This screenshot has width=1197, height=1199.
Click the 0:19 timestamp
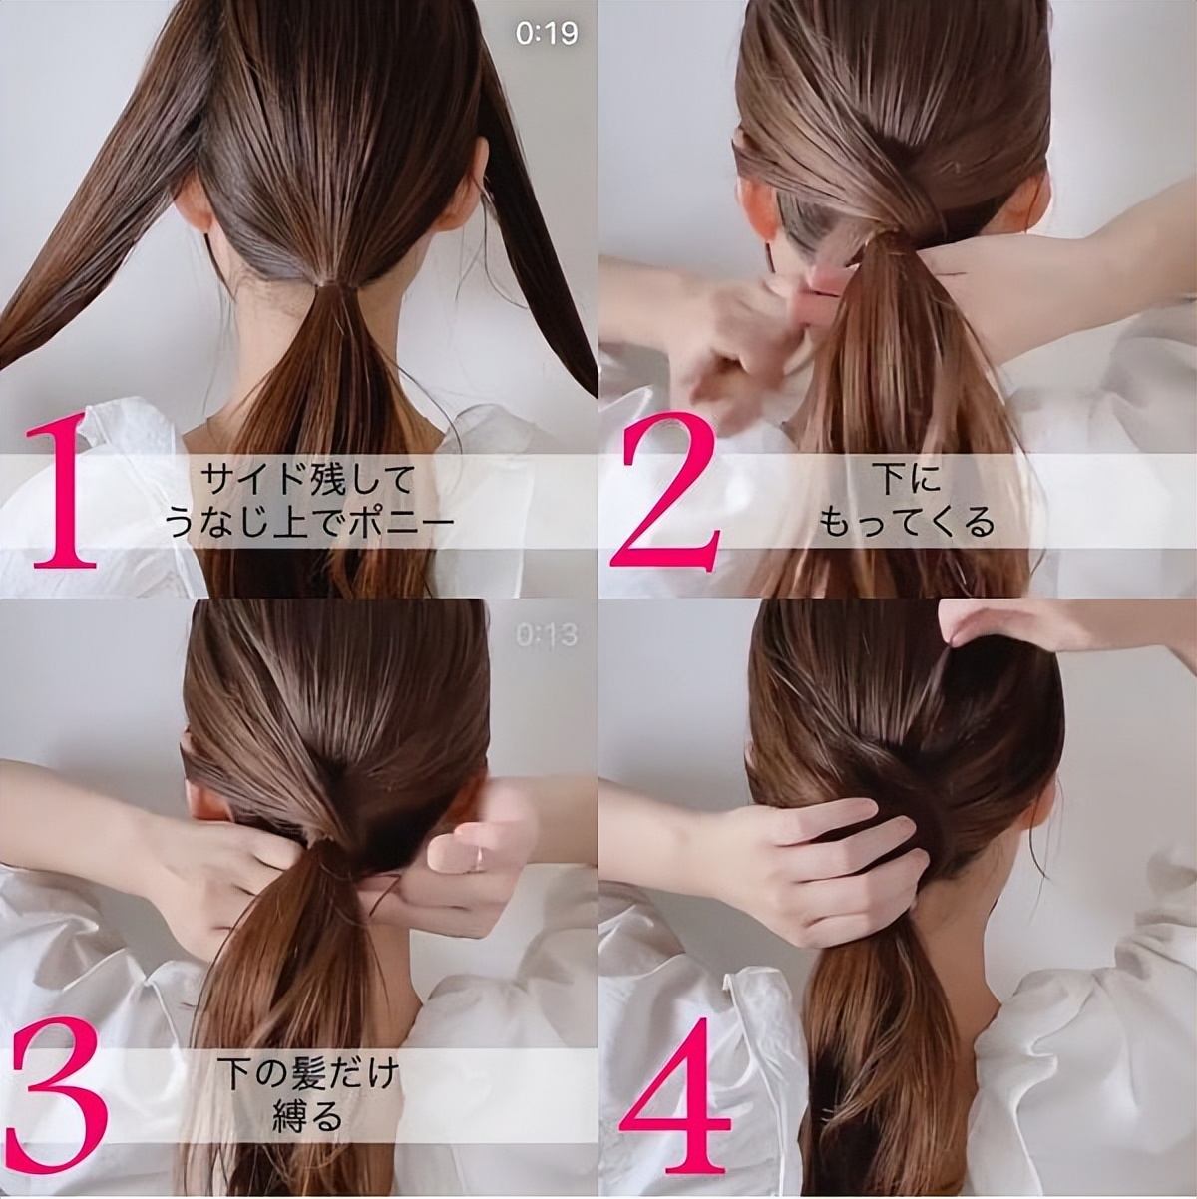tap(547, 34)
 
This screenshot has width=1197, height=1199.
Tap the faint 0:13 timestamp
tap(547, 635)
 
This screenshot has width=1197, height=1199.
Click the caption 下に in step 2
tap(909, 479)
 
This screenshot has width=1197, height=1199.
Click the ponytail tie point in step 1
tap(337, 287)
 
